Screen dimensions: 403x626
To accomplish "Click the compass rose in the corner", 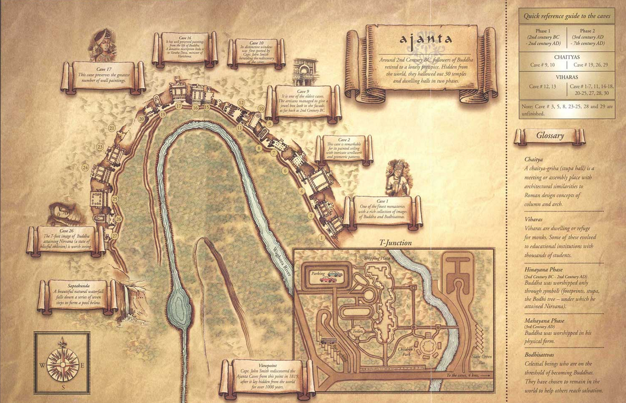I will [63, 363].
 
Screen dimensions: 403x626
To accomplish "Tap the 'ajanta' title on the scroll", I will [426, 39].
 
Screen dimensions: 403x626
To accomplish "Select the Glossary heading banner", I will [550, 136].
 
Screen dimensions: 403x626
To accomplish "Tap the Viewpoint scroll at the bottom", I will [267, 376].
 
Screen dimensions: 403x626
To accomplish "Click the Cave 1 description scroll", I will [382, 211].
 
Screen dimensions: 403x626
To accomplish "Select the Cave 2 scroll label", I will [344, 149].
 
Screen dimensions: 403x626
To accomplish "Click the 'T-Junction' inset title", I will [395, 243].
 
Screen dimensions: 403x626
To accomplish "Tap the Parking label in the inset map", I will [318, 274].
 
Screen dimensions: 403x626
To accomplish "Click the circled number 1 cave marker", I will [321, 237].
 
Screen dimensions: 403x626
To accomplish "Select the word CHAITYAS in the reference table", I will [566, 58].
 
